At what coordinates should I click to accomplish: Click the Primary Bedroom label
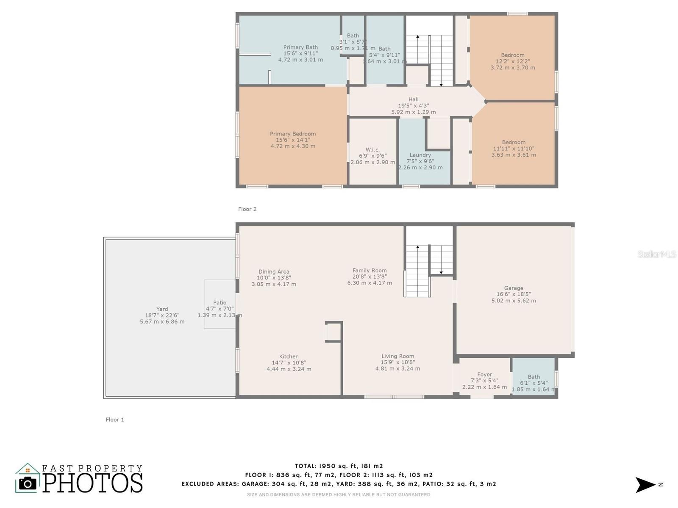click(x=293, y=134)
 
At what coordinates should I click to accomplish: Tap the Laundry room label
click(x=420, y=155)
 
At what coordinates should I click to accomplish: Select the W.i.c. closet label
click(x=372, y=149)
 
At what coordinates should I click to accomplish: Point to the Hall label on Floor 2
click(x=413, y=99)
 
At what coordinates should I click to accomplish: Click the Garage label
click(x=514, y=288)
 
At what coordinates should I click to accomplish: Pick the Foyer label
click(x=484, y=375)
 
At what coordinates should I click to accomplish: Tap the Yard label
click(x=162, y=309)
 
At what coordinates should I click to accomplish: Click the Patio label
click(x=220, y=303)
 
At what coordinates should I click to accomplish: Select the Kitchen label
click(x=289, y=356)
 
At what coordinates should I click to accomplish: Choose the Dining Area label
click(x=274, y=272)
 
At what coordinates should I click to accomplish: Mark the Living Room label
click(x=397, y=356)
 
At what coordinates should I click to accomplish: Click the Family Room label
click(x=370, y=271)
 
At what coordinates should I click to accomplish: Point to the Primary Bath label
click(x=300, y=47)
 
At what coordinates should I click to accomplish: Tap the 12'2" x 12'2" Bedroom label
click(x=513, y=55)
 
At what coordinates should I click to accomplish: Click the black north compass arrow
click(x=645, y=485)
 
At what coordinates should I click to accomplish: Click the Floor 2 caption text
click(x=247, y=209)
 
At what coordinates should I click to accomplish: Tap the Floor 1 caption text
click(x=115, y=420)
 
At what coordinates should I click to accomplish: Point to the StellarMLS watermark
click(x=657, y=254)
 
